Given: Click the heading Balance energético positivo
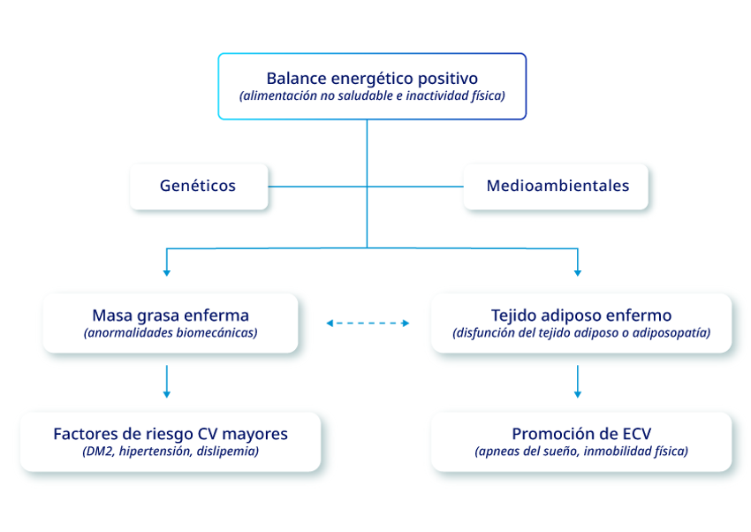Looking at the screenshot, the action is [372, 79].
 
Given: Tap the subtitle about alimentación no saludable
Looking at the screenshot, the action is [372, 95].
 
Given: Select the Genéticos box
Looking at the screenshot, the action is [199, 186].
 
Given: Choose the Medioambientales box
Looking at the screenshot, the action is [556, 186].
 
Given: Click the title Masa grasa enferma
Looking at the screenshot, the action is [171, 315].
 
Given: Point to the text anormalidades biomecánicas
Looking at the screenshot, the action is [171, 333].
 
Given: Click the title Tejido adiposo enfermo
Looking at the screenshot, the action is [581, 315].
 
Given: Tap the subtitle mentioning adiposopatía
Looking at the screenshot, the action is [581, 333].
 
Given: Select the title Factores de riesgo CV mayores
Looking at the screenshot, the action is [171, 434].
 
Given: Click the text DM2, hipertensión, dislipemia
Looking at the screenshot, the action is [171, 451].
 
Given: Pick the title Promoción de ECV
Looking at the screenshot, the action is [581, 434].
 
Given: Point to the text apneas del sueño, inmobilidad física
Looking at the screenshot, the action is [581, 451].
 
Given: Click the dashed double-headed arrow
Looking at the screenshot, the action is [368, 323].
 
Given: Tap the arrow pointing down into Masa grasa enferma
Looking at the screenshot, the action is [167, 262].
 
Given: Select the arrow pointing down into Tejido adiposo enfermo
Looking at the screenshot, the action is [578, 262].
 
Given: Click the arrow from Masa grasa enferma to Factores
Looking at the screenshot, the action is [167, 382].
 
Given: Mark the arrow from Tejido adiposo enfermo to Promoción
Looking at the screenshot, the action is [578, 382].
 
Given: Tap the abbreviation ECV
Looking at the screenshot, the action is [636, 434].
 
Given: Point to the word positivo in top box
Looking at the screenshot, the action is [448, 79].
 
